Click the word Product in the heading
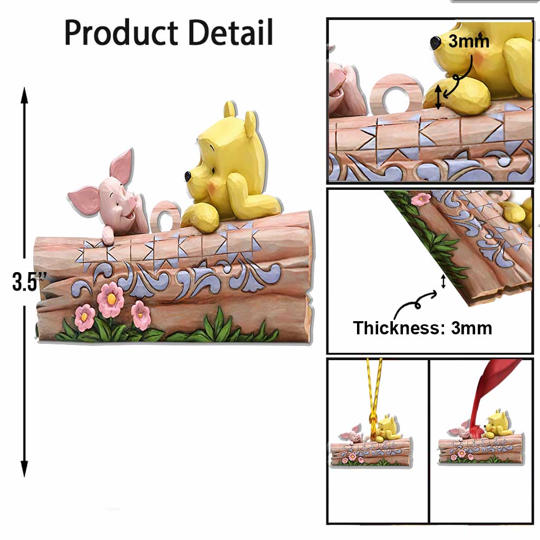[x=121, y=33]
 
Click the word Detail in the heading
[x=231, y=32]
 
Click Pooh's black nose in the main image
[x=188, y=176]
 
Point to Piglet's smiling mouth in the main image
[x=130, y=216]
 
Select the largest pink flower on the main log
[x=111, y=300]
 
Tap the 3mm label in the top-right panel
[x=468, y=41]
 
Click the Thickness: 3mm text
[x=422, y=327]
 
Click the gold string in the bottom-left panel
[x=374, y=396]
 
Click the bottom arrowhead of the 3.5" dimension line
[x=24, y=469]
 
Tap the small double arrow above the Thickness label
[x=443, y=282]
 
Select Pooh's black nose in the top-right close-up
[x=435, y=42]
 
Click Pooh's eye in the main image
[x=214, y=170]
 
